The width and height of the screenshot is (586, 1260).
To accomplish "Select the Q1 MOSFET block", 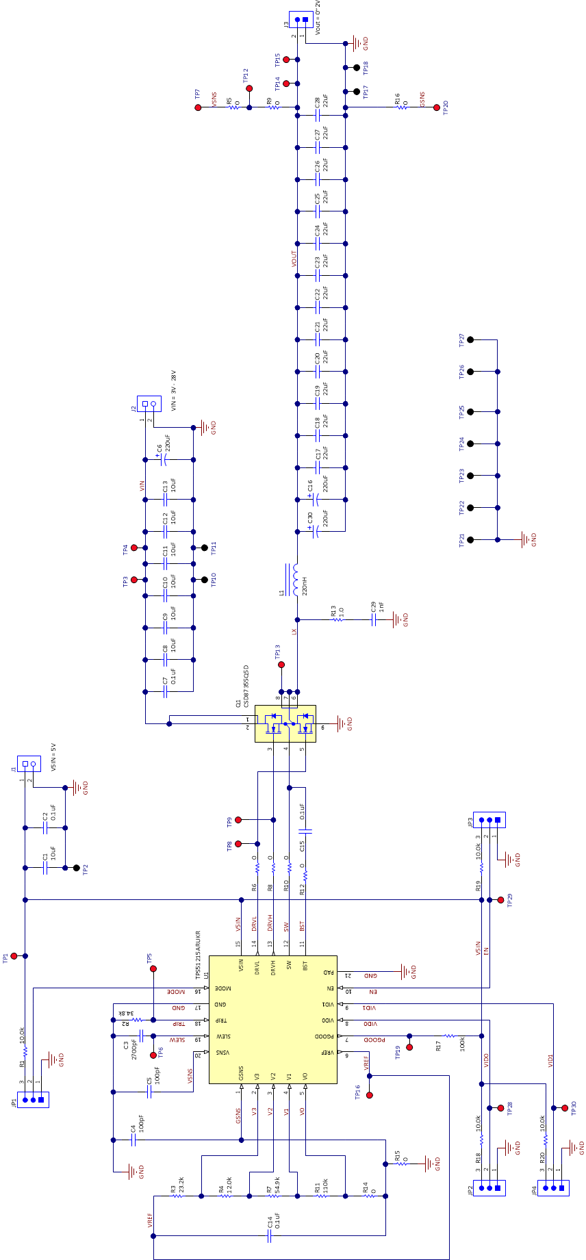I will (x=285, y=723).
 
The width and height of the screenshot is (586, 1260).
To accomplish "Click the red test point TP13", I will (x=281, y=665).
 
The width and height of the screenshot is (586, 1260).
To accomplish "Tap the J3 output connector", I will (x=301, y=20).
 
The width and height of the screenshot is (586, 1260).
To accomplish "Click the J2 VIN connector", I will (x=149, y=404).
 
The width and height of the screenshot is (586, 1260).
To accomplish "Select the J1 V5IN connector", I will (x=29, y=764).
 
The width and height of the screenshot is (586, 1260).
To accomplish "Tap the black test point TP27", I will (x=470, y=339).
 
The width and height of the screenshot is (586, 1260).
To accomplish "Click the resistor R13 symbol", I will (x=337, y=620).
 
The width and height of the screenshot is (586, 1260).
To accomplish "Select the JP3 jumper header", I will (x=490, y=820).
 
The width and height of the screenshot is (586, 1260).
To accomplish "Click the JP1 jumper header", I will (x=33, y=1100).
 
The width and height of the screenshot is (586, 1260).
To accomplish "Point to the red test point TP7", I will (x=199, y=107).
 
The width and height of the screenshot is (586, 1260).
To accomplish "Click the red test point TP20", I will (x=437, y=107).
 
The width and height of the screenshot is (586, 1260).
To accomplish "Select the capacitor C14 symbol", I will (x=270, y=1236).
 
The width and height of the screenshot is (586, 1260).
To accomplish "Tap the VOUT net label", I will (x=294, y=258).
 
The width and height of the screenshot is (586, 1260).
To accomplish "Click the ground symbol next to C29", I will (x=398, y=620).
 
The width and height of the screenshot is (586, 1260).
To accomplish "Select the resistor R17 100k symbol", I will (x=449, y=1036).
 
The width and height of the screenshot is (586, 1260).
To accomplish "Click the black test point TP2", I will (x=76, y=868).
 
